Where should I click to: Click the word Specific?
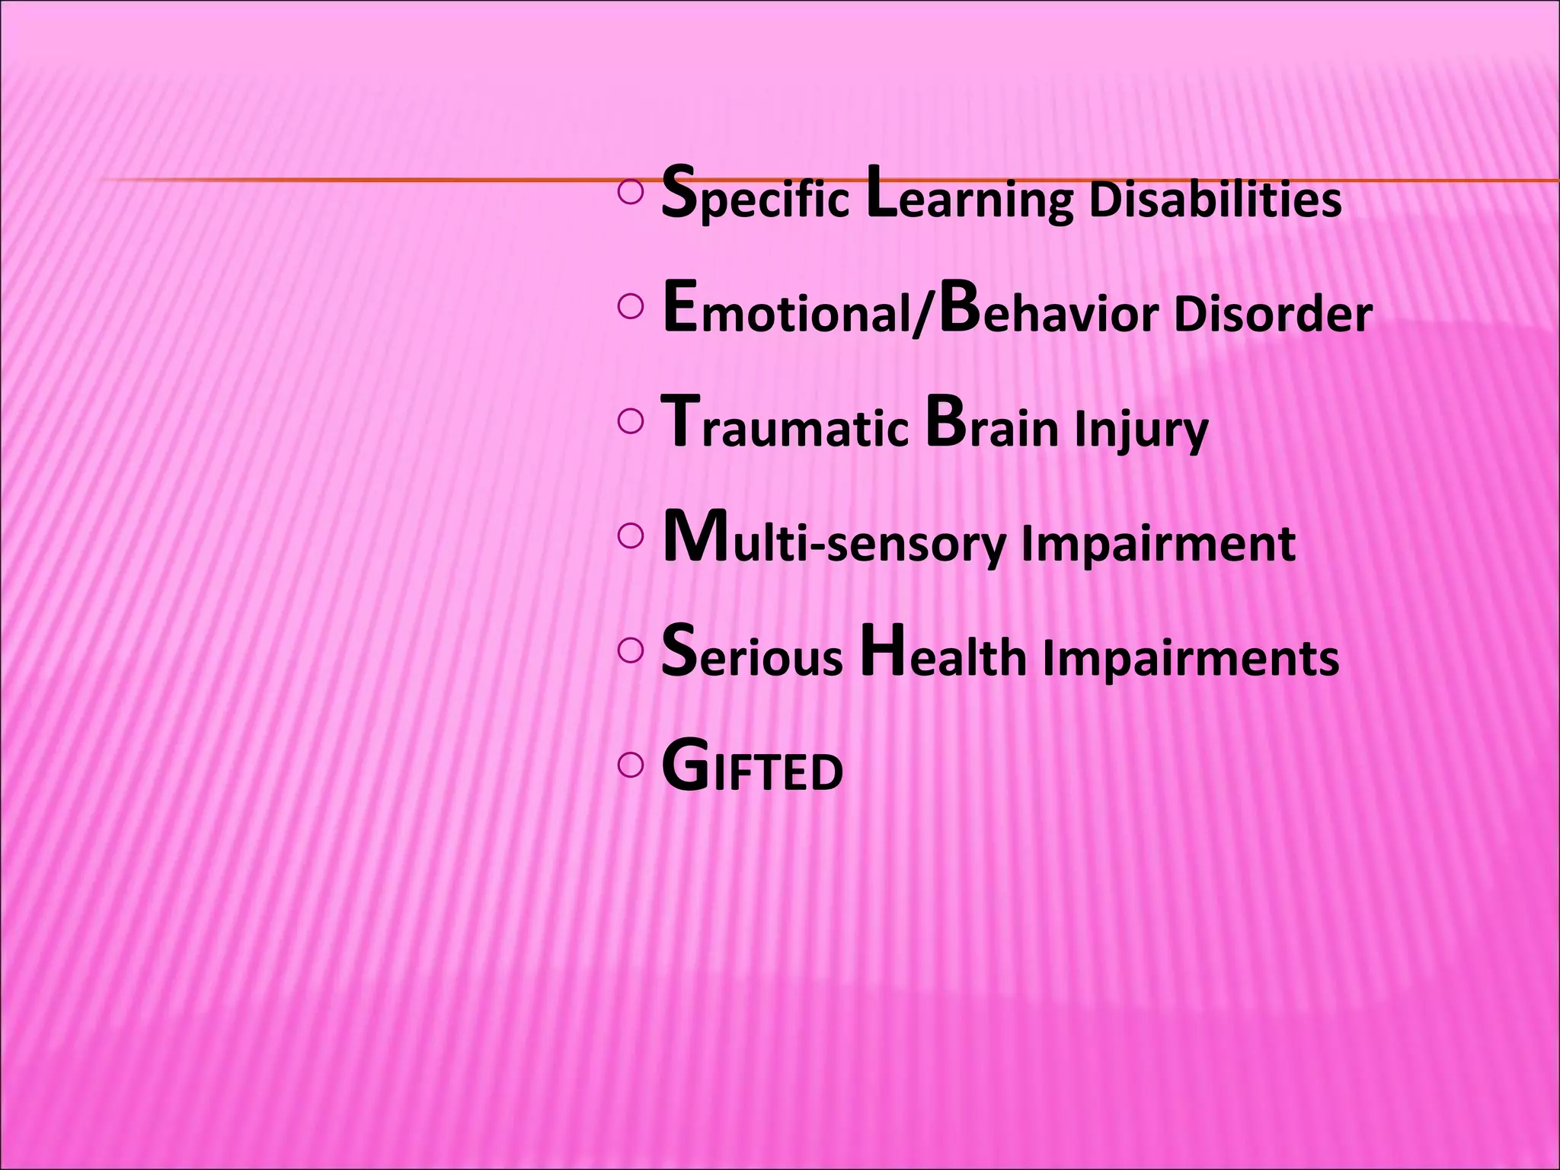tap(755, 197)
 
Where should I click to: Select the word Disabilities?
tap(1215, 200)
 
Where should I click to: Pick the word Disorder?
tap(1273, 313)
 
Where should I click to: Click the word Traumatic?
tap(785, 426)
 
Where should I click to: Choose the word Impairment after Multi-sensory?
tap(1158, 544)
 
